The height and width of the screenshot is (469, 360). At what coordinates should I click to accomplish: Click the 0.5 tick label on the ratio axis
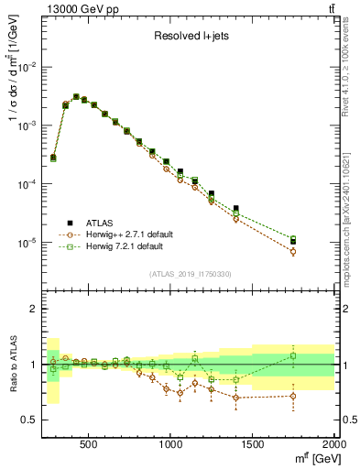pyautogui.click(x=30, y=420)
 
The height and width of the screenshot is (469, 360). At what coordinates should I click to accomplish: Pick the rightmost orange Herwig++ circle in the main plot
pyautogui.click(x=293, y=251)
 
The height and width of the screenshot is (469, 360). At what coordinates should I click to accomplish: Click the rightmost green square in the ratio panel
pyautogui.click(x=293, y=355)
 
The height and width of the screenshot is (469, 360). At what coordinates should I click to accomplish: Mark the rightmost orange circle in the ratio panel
pyautogui.click(x=293, y=396)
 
